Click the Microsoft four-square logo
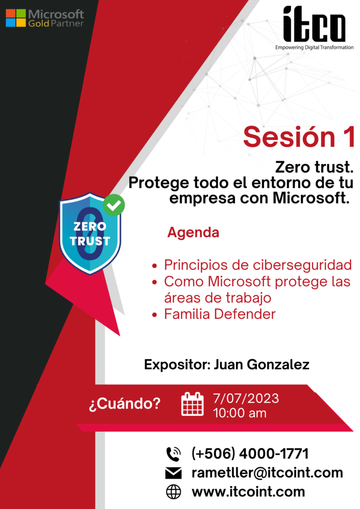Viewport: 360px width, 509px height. tap(15, 18)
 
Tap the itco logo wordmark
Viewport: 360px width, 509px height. tap(314, 24)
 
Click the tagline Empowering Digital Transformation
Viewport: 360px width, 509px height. tap(314, 47)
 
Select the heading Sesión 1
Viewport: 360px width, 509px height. tap(298, 137)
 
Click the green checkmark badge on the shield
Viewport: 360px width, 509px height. tap(114, 205)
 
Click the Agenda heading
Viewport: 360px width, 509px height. tap(193, 232)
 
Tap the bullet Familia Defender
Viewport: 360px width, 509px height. tap(219, 314)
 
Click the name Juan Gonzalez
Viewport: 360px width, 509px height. tap(262, 365)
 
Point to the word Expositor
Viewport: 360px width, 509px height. tap(176, 365)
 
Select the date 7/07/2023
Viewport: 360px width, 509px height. tap(246, 398)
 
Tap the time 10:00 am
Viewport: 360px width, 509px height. tap(240, 413)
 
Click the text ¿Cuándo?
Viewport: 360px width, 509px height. tap(124, 404)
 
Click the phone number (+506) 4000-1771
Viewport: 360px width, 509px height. tap(250, 454)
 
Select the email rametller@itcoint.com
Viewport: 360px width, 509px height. tap(267, 472)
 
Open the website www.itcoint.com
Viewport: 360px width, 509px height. tap(248, 492)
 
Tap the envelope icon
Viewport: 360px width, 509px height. tap(173, 473)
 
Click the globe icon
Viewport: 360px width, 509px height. tap(173, 492)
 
